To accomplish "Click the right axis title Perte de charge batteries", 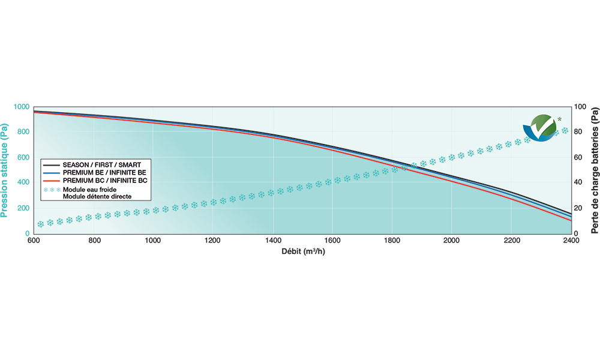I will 594,170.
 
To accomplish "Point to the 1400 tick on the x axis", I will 273,241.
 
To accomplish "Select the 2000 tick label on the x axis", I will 451,241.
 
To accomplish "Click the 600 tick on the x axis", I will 34,241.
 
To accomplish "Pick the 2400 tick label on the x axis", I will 570,241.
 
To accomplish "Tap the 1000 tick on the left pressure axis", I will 20,107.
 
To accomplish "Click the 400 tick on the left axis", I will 23,183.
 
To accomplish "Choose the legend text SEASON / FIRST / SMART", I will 106,163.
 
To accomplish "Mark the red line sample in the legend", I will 51,180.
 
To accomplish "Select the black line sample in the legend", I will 51,163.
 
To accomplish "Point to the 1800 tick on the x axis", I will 392,241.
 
